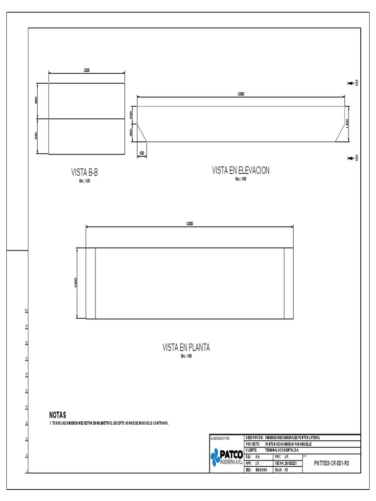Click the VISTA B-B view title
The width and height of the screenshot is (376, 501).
[88, 172]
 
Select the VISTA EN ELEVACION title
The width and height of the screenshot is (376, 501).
[240, 170]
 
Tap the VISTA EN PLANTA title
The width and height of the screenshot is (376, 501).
[186, 347]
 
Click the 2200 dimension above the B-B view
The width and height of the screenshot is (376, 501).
[87, 70]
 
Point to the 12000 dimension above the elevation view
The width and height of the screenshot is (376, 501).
[240, 93]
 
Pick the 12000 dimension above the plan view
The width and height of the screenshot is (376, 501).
[189, 224]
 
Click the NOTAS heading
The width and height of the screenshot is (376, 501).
[58, 414]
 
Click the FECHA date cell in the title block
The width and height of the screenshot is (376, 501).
[287, 462]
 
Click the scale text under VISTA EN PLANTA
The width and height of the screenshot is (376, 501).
[186, 356]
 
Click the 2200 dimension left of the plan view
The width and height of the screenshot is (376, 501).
[76, 283]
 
